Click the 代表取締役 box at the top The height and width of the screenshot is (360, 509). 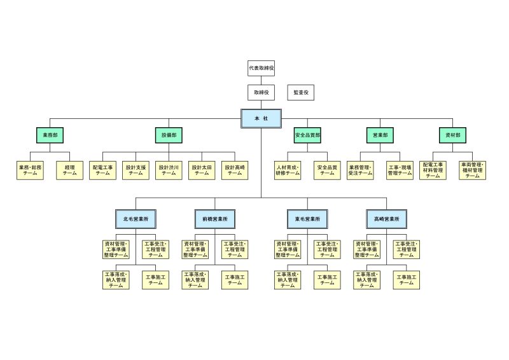[261, 67]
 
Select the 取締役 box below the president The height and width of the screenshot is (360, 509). [261, 92]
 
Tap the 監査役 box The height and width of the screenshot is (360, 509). [300, 92]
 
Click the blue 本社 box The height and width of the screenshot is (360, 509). [261, 119]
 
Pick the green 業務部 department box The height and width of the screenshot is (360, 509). [50, 135]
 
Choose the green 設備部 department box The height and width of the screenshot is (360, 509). [169, 135]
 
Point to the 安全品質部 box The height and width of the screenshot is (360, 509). [308, 135]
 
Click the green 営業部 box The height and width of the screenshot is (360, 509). [380, 135]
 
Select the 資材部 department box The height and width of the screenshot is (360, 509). [453, 135]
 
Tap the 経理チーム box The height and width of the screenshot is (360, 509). [69, 170]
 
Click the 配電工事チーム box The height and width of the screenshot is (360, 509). [102, 170]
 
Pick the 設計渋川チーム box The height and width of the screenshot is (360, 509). [169, 170]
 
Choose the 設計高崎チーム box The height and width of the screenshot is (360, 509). [235, 170]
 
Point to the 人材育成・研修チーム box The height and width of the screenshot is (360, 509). [288, 170]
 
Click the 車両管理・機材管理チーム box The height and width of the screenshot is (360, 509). [472, 170]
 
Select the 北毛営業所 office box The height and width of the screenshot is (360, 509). [136, 219]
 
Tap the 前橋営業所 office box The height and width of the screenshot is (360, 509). [214, 219]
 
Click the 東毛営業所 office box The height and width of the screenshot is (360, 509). [307, 219]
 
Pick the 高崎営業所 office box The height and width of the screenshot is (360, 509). [386, 219]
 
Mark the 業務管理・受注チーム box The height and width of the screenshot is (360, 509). [360, 170]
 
